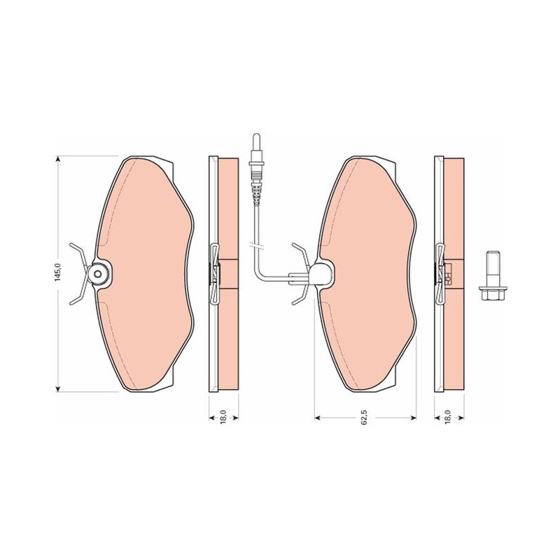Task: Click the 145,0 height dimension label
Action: tap(57, 273)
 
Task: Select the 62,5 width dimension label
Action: tap(364, 417)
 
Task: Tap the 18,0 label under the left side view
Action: tap(223, 416)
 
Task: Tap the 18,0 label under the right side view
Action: tap(449, 416)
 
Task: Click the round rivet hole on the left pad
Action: tap(99, 274)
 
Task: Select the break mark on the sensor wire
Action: tap(255, 246)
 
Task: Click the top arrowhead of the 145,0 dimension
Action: tap(57, 160)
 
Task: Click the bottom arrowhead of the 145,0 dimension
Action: tap(57, 388)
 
